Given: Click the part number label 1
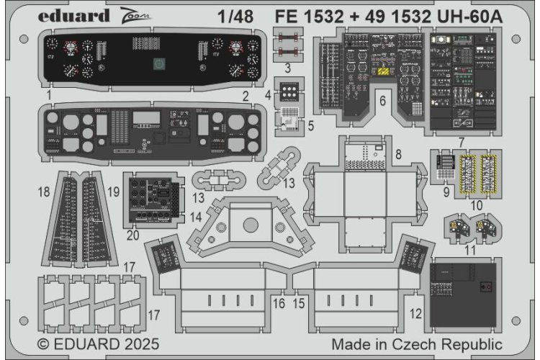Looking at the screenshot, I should [x=48, y=95].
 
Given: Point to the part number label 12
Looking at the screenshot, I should [x=415, y=313].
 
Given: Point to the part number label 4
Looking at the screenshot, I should [x=268, y=95].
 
